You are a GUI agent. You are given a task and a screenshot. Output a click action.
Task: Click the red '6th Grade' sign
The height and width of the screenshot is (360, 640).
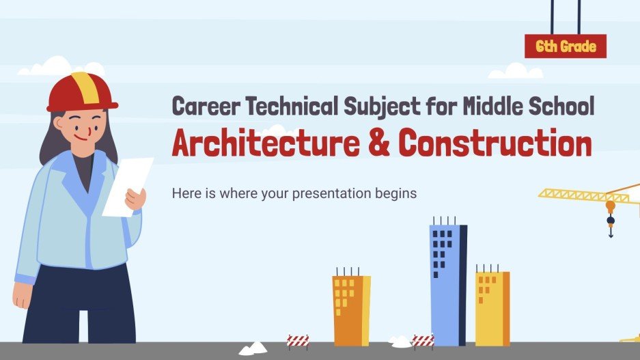[x=565, y=46]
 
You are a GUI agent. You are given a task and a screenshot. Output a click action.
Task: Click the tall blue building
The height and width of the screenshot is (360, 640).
[x=447, y=283]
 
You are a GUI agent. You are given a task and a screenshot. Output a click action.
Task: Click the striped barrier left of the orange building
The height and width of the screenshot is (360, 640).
[x=298, y=341]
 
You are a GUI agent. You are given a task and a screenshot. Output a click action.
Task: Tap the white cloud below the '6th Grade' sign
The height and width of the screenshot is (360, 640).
[x=516, y=71]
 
